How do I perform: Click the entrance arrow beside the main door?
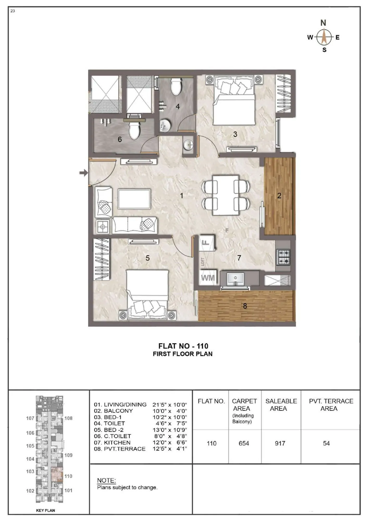pyautogui.click(x=84, y=173)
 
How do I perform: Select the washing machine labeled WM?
pyautogui.click(x=208, y=278)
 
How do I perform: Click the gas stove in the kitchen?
pyautogui.click(x=283, y=257)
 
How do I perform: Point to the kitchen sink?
pyautogui.click(x=235, y=279)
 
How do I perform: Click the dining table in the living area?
pyautogui.click(x=226, y=195)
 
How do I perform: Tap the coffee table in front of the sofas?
pyautogui.click(x=134, y=199)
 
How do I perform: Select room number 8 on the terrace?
pyautogui.click(x=245, y=306)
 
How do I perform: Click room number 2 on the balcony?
pyautogui.click(x=279, y=196)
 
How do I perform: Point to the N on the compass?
pyautogui.click(x=323, y=23)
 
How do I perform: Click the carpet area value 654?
pyautogui.click(x=244, y=443)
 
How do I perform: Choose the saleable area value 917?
pyautogui.click(x=280, y=443)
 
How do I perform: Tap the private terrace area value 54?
pyautogui.click(x=326, y=443)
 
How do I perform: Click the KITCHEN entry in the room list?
pyautogui.click(x=117, y=443)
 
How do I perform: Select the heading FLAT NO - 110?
pyautogui.click(x=183, y=346)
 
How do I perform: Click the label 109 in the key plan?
pyautogui.click(x=68, y=455)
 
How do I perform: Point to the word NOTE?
pyautogui.click(x=106, y=480)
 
